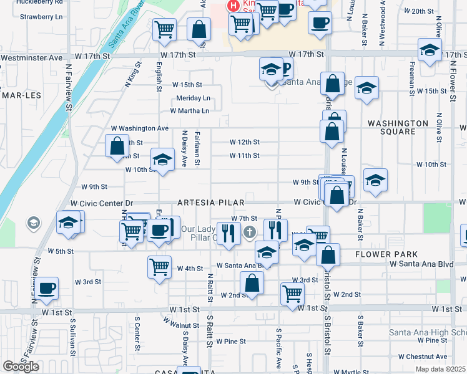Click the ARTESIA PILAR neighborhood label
pyautogui.click(x=210, y=203)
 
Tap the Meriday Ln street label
pyautogui.click(x=193, y=98)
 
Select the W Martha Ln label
pyautogui.click(x=189, y=111)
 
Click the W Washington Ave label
pyautogui.click(x=140, y=128)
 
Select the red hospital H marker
pyautogui.click(x=234, y=6)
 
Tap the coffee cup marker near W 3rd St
pyautogui.click(x=46, y=288)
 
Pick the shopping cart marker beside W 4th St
pyautogui.click(x=160, y=266)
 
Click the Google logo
pyautogui.click(x=21, y=367)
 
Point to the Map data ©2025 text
pyautogui.click(x=440, y=369)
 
